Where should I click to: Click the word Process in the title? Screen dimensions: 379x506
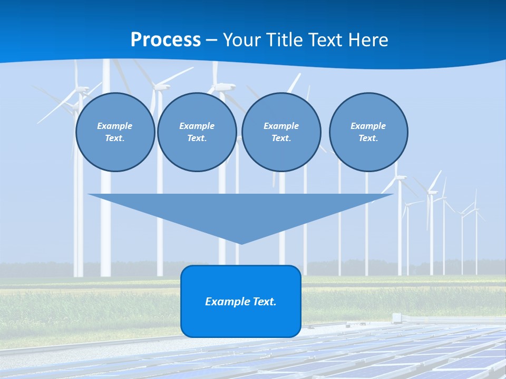pyautogui.click(x=166, y=40)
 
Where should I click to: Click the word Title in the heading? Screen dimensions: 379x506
pyautogui.click(x=285, y=40)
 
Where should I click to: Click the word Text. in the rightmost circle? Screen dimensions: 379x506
pyautogui.click(x=368, y=138)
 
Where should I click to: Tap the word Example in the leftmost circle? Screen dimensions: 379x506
pyautogui.click(x=115, y=126)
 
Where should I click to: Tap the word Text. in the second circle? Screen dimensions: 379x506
pyautogui.click(x=197, y=138)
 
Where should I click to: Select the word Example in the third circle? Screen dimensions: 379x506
pyautogui.click(x=281, y=126)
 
